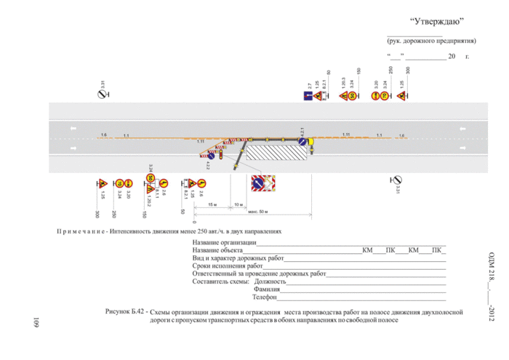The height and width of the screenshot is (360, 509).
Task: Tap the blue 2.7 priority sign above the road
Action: click(308, 96)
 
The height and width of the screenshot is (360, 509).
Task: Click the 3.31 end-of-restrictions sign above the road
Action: click(103, 95)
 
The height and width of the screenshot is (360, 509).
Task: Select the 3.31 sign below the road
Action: click(397, 180)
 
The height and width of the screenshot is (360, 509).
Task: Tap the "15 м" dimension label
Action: click(212, 205)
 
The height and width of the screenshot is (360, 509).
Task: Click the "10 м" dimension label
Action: click(238, 205)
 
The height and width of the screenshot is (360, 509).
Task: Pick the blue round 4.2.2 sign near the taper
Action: click(209, 155)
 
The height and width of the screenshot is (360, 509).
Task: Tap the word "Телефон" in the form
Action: click(266, 298)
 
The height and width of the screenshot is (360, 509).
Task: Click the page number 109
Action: click(33, 322)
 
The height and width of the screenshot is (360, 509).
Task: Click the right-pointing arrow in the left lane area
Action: click(73, 149)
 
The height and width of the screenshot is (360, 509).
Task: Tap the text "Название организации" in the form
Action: click(225, 242)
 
